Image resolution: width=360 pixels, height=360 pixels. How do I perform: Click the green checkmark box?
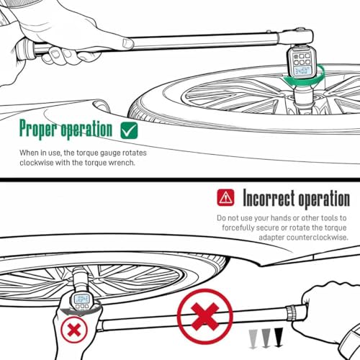(x=129, y=130)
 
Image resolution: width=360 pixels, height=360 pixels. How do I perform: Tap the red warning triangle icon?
(x=225, y=197)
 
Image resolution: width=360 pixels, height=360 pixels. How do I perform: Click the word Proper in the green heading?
(x=38, y=129)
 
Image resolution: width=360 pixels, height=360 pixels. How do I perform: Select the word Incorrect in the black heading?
(x=269, y=198)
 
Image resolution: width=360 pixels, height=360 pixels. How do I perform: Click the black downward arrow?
(x=279, y=337)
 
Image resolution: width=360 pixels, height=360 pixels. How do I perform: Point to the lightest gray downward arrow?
(x=253, y=339)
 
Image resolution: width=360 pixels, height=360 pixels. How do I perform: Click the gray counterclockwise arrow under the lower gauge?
(x=79, y=312)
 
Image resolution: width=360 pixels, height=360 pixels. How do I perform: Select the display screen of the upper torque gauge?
(x=302, y=71)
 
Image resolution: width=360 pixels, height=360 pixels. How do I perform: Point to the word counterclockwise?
(x=318, y=238)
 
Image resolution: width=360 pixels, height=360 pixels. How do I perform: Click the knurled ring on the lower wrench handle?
(x=291, y=313)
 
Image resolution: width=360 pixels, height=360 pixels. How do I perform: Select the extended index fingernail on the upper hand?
(x=127, y=43)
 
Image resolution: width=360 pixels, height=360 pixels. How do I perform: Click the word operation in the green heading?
(x=86, y=130)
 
